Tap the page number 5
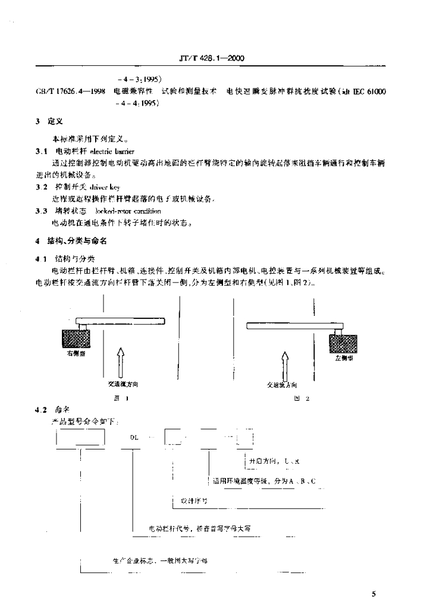tap(373, 593)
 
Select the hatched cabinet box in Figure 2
tap(343, 343)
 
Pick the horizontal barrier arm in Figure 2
tap(294, 325)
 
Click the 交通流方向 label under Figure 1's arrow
tap(119, 384)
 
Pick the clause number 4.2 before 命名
tap(40, 411)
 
